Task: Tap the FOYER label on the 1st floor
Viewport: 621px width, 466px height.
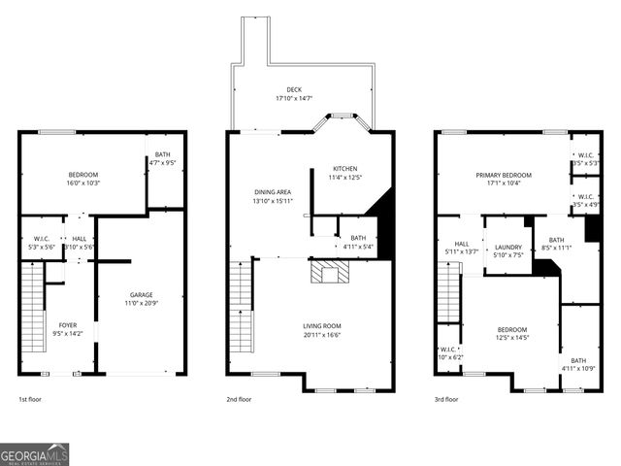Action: coord(68,325)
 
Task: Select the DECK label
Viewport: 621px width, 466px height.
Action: coord(294,89)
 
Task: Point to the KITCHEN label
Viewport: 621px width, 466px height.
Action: coord(345,168)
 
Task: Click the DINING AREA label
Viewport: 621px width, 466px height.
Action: coord(272,192)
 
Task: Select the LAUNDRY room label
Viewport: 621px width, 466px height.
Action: coord(508,248)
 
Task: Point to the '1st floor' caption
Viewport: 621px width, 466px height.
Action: coord(30,399)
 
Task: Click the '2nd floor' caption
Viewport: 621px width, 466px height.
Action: coord(241,399)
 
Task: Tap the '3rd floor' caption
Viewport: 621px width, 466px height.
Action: coord(447,399)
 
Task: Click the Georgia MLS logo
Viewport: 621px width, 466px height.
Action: coord(35,454)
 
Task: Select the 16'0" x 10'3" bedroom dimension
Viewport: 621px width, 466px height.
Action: coord(83,183)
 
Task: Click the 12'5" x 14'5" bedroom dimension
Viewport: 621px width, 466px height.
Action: coord(512,338)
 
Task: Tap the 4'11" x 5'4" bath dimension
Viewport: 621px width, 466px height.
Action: coord(358,247)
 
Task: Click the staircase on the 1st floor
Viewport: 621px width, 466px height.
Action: coord(33,316)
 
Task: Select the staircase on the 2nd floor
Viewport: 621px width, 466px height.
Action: coord(241,309)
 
